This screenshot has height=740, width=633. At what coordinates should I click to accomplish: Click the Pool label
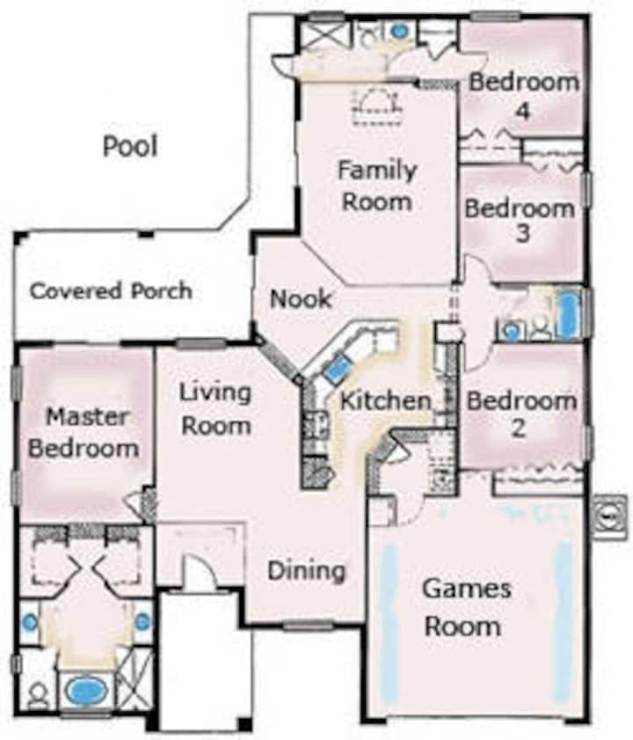click(130, 146)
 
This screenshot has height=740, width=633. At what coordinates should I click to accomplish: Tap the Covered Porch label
click(112, 290)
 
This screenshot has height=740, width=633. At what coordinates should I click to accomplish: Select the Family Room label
click(377, 186)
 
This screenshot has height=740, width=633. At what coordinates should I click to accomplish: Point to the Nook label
click(301, 299)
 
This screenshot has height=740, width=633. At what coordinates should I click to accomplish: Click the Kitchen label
click(386, 401)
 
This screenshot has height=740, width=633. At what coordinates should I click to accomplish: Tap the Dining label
click(307, 572)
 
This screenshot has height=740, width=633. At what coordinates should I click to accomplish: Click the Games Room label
click(466, 608)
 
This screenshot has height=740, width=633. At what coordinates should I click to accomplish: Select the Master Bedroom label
click(84, 433)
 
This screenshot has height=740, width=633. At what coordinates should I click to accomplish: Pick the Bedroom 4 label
click(524, 96)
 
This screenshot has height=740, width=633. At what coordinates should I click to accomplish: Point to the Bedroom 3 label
click(520, 221)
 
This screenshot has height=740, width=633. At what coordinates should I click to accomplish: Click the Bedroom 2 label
click(521, 414)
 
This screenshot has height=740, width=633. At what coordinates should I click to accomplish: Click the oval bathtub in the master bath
click(85, 691)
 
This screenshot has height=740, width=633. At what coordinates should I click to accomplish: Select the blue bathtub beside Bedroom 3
click(567, 315)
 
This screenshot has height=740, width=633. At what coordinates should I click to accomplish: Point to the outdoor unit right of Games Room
click(610, 517)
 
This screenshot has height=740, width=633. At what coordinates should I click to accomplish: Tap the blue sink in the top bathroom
click(400, 31)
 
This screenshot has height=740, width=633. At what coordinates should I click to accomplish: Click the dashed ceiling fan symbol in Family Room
click(377, 106)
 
